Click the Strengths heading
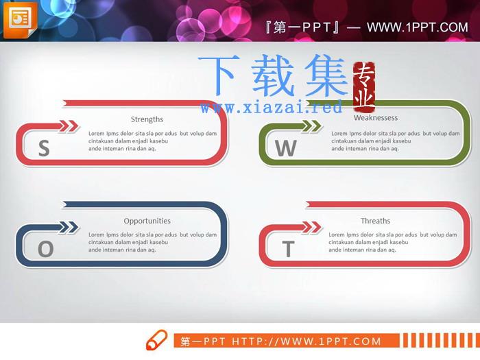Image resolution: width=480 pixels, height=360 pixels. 147,119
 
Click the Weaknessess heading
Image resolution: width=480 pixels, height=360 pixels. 376,118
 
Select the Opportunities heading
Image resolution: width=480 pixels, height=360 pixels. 147,221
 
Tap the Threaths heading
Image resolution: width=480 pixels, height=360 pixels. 375,221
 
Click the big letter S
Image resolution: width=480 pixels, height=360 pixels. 44,148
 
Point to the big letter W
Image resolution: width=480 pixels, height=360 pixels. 286,148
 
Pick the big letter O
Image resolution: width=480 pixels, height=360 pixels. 46,248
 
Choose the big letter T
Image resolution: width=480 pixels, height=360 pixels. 289,248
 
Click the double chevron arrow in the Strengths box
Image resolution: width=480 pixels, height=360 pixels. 69,126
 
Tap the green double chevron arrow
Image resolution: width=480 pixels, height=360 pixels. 311,126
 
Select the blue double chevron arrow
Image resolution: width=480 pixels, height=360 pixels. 69,227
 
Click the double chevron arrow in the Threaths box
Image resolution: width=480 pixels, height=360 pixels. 311,227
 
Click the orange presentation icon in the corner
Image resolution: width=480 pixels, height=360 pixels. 20,20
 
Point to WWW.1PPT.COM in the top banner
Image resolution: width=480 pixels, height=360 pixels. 417,27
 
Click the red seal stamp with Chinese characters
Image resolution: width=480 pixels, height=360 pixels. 364,87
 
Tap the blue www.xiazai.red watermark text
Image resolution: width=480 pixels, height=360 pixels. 272,107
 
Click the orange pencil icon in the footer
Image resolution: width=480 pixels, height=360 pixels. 156,340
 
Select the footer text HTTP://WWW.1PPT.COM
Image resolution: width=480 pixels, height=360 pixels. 306,341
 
